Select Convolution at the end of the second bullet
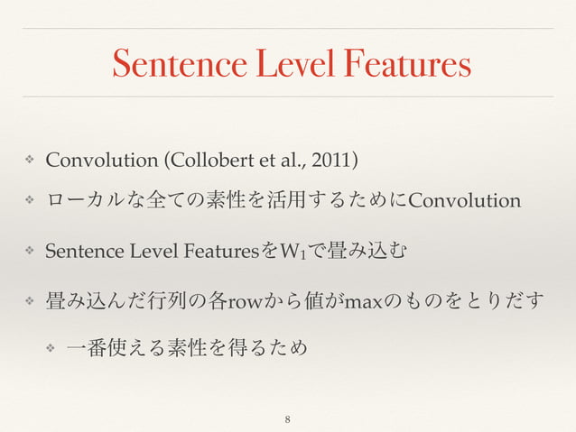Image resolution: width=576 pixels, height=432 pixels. [465, 199]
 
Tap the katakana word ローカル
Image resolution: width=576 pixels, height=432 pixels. [80, 199]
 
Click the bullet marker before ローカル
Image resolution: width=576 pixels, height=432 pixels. [29, 199]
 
